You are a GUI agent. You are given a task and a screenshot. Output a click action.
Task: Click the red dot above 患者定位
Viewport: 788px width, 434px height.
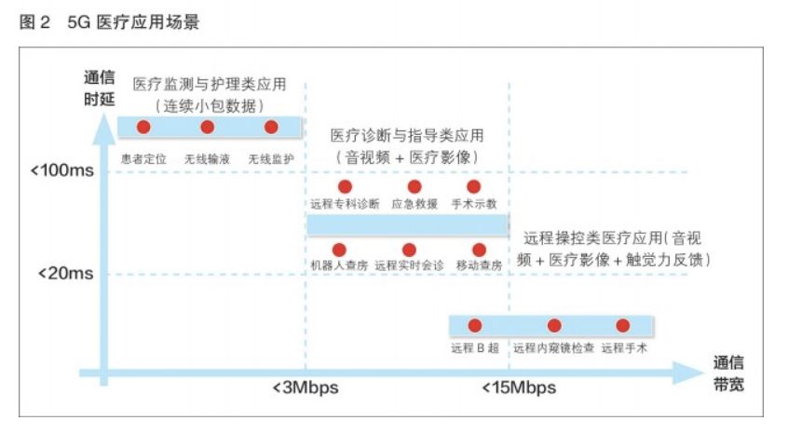[x=143, y=127]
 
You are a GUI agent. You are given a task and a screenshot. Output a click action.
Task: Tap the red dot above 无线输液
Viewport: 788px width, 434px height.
[x=207, y=127]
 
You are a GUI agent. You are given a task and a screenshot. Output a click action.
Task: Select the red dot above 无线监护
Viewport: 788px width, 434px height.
[x=271, y=127]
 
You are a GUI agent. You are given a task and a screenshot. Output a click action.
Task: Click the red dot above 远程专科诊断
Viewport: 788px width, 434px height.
[x=343, y=187]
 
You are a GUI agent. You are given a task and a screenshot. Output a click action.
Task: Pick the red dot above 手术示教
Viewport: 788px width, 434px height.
[x=473, y=187]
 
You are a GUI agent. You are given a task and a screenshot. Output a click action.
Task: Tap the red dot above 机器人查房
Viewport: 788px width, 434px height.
[x=339, y=250]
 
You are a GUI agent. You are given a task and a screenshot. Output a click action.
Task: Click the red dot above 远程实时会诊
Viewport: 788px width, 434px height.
[x=408, y=250]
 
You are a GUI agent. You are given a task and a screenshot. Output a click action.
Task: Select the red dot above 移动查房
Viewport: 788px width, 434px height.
[x=479, y=250]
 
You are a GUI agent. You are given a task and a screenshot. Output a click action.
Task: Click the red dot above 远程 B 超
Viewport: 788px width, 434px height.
[x=475, y=325]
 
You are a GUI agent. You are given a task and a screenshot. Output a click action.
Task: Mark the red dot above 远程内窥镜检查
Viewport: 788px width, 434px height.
[x=554, y=325]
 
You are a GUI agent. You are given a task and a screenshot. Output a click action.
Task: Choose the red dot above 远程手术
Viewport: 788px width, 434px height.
[x=623, y=325]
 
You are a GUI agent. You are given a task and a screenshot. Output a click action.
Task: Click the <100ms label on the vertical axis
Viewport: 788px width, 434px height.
[x=61, y=171]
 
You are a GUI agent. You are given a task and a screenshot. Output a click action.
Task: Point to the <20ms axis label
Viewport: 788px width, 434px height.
[x=64, y=274]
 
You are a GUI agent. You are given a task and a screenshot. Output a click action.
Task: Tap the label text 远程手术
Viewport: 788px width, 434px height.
[x=624, y=348]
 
